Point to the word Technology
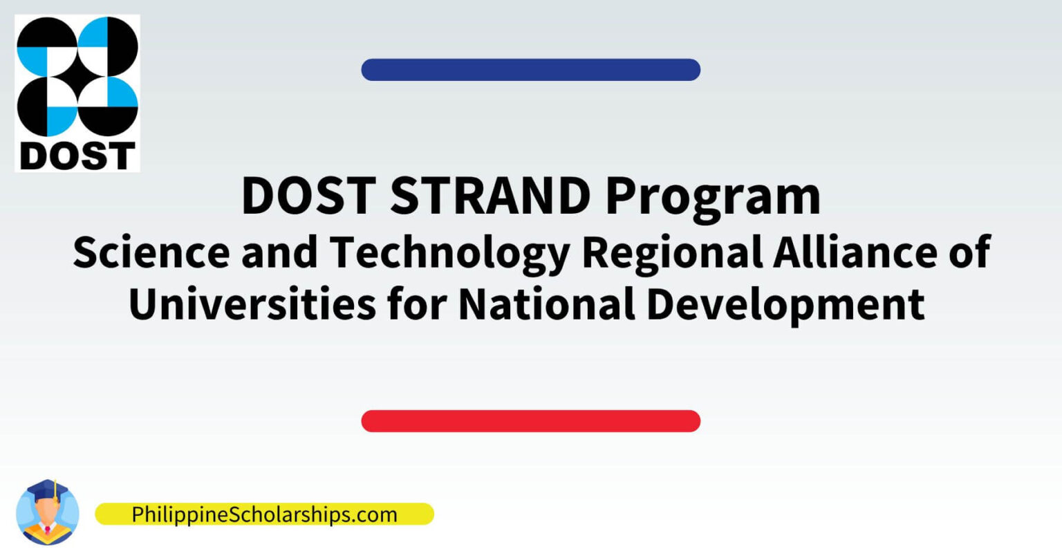pyautogui.click(x=448, y=253)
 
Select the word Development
pyautogui.click(x=785, y=304)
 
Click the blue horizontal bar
pyautogui.click(x=530, y=70)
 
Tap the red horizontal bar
pyautogui.click(x=530, y=421)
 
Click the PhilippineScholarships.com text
pyautogui.click(x=264, y=515)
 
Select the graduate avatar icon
pyautogui.click(x=47, y=512)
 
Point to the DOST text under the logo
pyautogui.click(x=77, y=156)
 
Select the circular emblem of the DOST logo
pyautogui.click(x=77, y=77)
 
